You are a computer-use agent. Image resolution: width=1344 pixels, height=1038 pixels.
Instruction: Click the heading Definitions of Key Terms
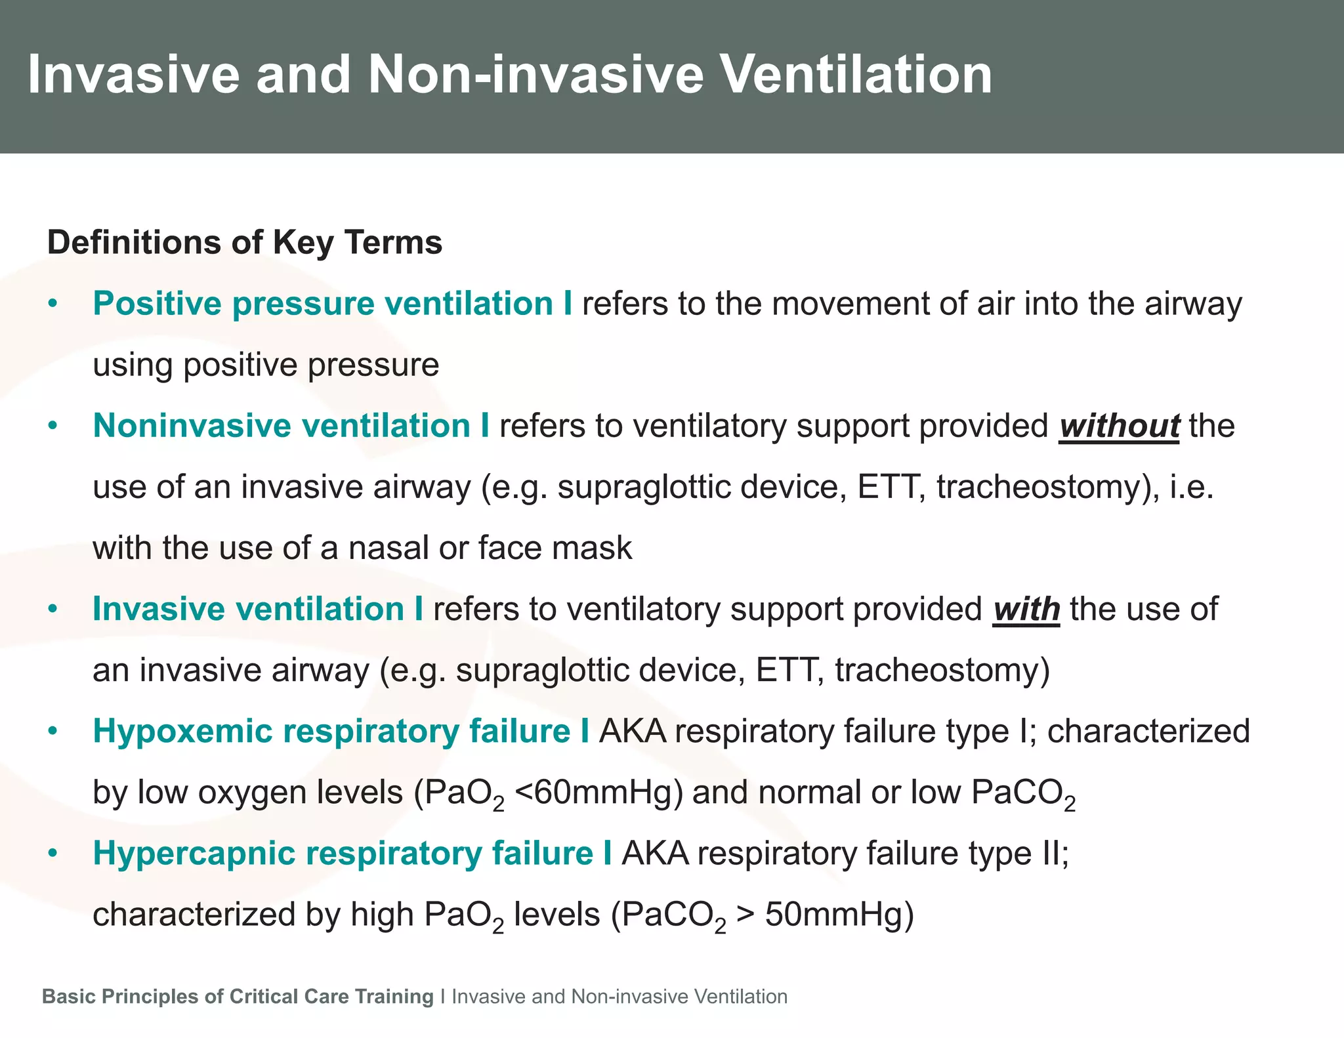click(245, 242)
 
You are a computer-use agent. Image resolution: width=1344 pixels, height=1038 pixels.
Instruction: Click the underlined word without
click(1119, 426)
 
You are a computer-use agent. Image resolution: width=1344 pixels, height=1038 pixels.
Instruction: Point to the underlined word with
click(1026, 610)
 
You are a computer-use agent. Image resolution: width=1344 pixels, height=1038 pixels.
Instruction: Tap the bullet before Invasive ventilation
click(53, 610)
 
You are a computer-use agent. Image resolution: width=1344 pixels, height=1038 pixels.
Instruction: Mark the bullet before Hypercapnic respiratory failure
click(53, 854)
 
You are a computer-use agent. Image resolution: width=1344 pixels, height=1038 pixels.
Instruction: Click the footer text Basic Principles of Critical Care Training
click(238, 997)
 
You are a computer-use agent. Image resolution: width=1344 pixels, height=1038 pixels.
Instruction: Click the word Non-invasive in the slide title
click(535, 75)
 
